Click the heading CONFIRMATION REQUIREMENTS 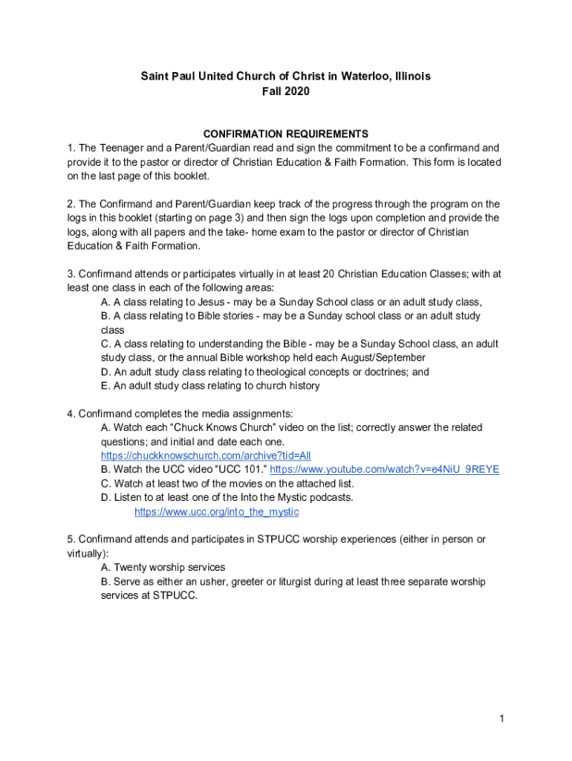pyautogui.click(x=286, y=134)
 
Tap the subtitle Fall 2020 pyautogui.click(x=286, y=91)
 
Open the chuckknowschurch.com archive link pyautogui.click(x=206, y=456)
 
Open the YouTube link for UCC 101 pyautogui.click(x=384, y=470)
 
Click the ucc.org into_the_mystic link pyautogui.click(x=216, y=512)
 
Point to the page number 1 pyautogui.click(x=502, y=718)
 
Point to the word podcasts pyautogui.click(x=329, y=497)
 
